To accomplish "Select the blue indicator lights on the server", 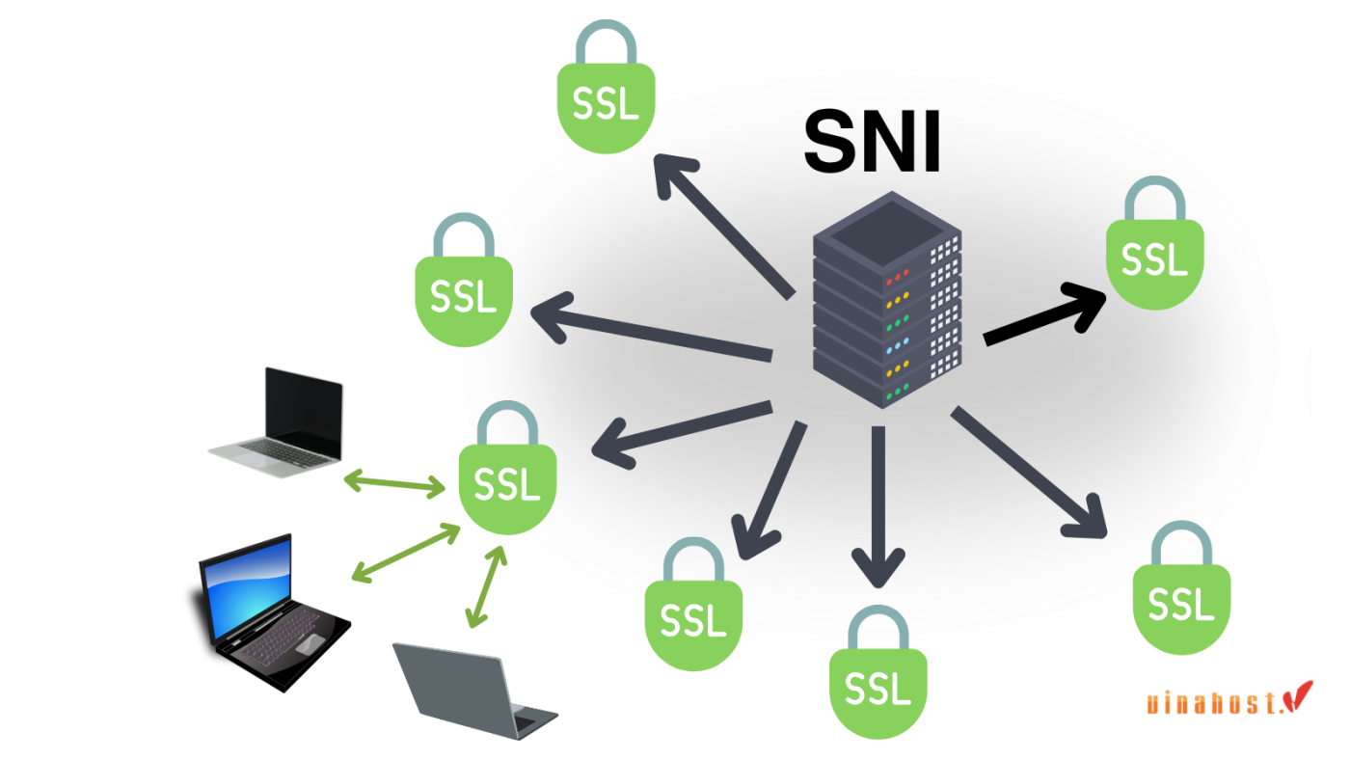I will coord(898,345).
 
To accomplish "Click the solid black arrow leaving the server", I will coord(1046,313).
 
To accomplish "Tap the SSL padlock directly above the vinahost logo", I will coord(1181,593).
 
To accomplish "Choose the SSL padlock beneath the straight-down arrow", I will coord(877,675).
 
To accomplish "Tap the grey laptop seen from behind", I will coord(472,690).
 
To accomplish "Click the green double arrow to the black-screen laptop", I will coord(395,482).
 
